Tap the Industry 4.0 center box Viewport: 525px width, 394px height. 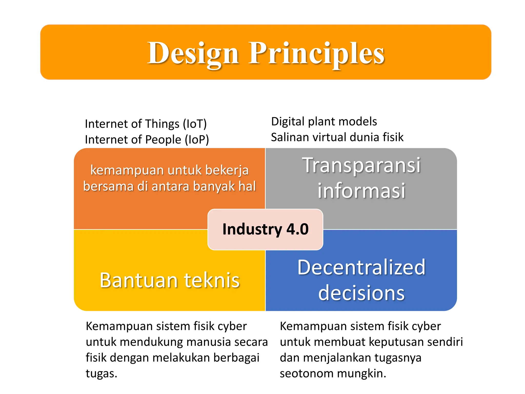pos(265,229)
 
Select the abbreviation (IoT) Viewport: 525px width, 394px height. pos(195,124)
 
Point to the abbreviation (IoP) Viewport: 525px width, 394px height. pos(197,140)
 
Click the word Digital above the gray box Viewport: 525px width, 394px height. pos(288,122)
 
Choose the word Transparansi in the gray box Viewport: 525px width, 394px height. pos(361,165)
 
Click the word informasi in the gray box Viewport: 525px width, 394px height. pos(361,191)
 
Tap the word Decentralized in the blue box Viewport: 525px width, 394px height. pos(361,268)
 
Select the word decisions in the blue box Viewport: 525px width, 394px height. pos(361,293)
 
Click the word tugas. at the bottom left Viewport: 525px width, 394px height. pos(101,374)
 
